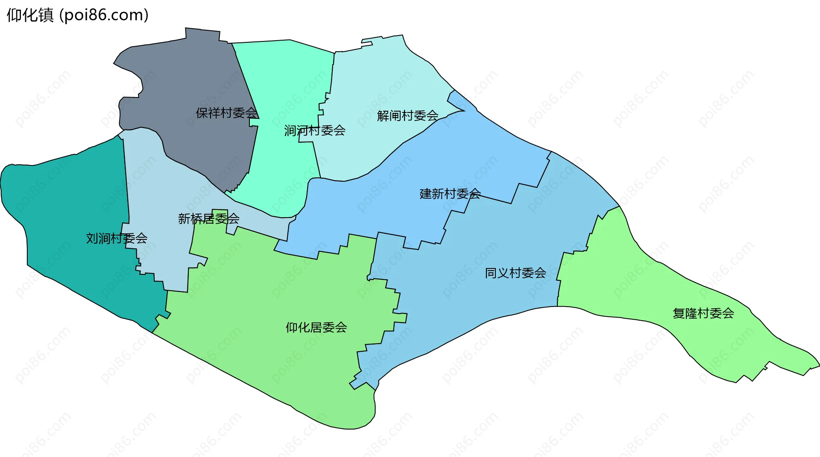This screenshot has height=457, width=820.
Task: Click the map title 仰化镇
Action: click(30, 15)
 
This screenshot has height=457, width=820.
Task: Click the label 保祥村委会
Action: click(226, 113)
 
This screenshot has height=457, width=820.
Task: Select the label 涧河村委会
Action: click(315, 130)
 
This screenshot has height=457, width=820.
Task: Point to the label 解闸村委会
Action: click(407, 115)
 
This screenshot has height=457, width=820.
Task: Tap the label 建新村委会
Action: click(450, 194)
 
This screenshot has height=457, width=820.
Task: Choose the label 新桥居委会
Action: click(208, 219)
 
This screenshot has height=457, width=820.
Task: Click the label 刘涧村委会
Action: click(117, 238)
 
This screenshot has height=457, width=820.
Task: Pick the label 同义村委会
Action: click(515, 273)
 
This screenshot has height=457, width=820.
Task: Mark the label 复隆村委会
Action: click(703, 313)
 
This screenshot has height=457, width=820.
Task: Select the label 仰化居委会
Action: click(316, 327)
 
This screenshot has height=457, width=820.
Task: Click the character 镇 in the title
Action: click(46, 15)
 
